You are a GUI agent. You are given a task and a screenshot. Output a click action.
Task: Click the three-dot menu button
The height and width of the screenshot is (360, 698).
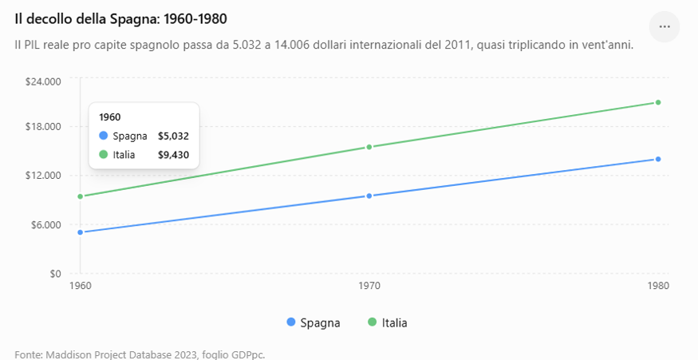click(664, 26)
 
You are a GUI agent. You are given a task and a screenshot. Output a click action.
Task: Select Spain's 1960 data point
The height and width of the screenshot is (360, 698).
click(81, 232)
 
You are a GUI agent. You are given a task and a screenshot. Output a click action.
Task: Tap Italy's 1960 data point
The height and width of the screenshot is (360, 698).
click(81, 196)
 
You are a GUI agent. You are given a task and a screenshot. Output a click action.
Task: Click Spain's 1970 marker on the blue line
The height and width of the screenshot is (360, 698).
click(369, 196)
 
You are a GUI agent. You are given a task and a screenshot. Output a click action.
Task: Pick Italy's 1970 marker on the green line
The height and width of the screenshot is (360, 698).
click(369, 147)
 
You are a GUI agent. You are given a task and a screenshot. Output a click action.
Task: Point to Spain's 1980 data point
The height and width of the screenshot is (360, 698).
click(658, 159)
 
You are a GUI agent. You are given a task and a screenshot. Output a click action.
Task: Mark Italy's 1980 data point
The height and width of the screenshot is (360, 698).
click(658, 102)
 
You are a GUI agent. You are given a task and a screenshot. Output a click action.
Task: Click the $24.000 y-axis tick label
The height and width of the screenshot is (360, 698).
click(44, 81)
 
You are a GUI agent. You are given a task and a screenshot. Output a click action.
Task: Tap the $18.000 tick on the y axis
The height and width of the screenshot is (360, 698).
click(44, 127)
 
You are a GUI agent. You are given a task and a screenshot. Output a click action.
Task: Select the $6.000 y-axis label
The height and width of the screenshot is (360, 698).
click(45, 224)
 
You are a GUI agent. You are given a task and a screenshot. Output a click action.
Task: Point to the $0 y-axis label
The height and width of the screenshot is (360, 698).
click(55, 274)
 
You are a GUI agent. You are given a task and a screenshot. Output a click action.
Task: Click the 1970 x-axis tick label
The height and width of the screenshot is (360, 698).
click(369, 286)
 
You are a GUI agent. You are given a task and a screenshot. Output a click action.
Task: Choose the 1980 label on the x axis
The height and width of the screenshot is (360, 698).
click(658, 286)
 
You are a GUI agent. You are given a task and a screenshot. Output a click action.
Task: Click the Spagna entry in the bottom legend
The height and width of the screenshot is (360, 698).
click(314, 322)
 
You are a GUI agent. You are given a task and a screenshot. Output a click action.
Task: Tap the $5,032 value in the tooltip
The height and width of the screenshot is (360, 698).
click(173, 136)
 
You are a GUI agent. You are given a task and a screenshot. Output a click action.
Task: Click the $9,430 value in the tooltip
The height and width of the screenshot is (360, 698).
click(173, 155)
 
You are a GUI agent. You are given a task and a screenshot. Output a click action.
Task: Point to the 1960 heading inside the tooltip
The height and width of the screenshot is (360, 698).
click(109, 117)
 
